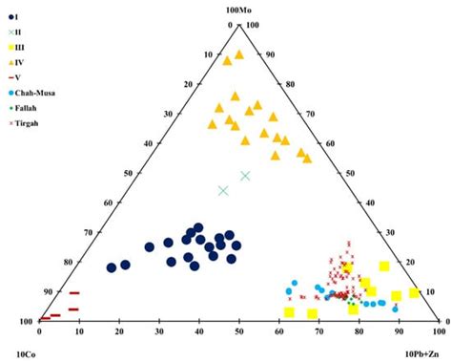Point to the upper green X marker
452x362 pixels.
[x=245, y=176]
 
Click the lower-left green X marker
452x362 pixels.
[x=223, y=191]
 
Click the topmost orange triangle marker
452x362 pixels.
[x=239, y=54]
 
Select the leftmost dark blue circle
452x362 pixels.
[x=112, y=267]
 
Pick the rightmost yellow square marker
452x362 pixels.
[x=415, y=292]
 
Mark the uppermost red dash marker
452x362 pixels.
[x=74, y=293]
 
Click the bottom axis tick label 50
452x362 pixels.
[x=239, y=332]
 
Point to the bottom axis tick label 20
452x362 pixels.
[x=119, y=332]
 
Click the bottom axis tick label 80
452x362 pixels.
[x=360, y=332]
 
